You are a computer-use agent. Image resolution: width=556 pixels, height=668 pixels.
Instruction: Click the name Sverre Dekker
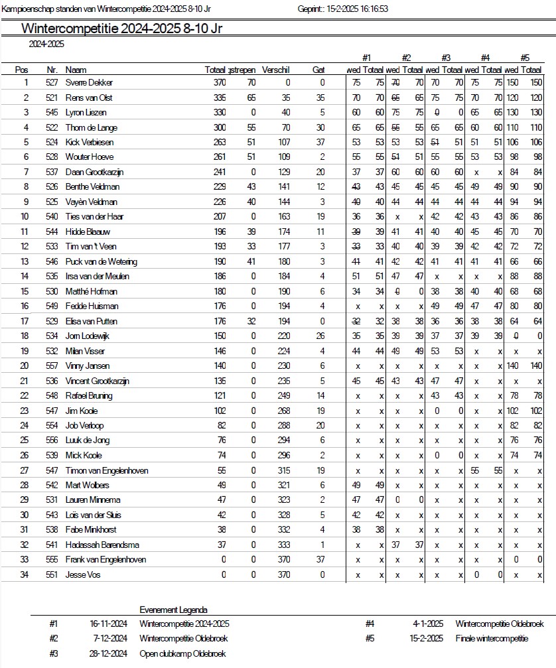(x=89, y=83)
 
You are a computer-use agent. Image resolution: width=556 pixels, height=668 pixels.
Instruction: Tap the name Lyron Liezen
(x=86, y=113)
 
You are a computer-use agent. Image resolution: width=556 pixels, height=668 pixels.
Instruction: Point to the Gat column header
(x=318, y=70)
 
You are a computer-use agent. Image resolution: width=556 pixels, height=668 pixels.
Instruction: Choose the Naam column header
(x=76, y=70)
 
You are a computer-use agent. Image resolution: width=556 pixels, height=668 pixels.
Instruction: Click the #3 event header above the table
(x=446, y=58)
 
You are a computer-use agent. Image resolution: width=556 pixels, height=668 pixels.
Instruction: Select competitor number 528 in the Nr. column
(x=52, y=157)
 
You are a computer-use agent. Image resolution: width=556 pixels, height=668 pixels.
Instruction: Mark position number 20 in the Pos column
(x=26, y=366)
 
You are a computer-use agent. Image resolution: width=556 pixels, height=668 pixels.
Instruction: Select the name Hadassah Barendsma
(x=102, y=545)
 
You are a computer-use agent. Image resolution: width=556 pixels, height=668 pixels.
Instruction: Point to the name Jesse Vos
(x=83, y=574)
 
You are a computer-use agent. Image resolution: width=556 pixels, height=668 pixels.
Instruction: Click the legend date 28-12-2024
(x=108, y=653)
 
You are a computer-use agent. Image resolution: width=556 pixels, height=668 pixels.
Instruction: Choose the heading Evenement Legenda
(x=173, y=610)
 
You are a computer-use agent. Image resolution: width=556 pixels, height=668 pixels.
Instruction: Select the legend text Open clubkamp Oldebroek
(x=182, y=653)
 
